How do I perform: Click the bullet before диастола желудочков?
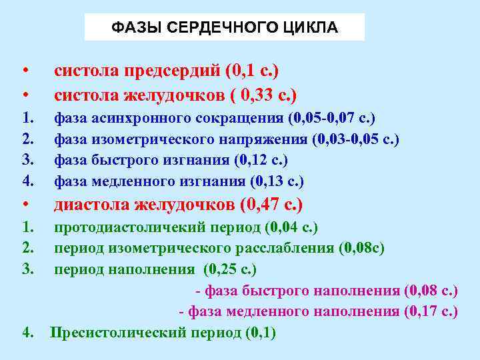coord(24,204)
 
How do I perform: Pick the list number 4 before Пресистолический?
coord(27,332)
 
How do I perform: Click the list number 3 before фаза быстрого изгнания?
coord(27,160)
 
